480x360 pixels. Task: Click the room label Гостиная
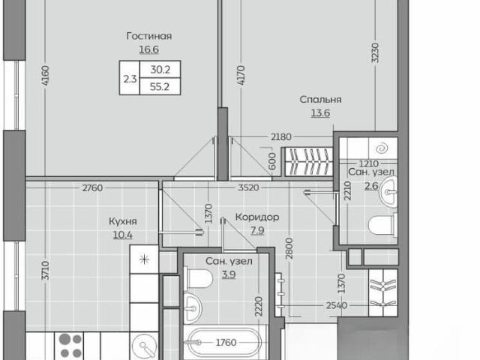tap(149, 36)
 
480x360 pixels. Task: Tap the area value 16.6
tap(149, 49)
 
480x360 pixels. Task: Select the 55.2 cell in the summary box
tap(160, 87)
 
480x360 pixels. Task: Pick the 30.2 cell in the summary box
tap(160, 70)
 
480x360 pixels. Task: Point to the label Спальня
tap(320, 100)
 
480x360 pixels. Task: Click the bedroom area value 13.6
tap(320, 113)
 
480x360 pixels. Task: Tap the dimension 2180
tap(281, 136)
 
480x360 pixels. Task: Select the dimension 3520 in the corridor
tap(248, 187)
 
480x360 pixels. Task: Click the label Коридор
tap(257, 217)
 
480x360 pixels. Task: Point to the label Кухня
tap(123, 221)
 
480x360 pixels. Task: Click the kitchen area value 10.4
tap(123, 235)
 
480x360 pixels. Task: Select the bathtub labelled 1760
tap(225, 343)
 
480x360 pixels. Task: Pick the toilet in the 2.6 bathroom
tap(382, 226)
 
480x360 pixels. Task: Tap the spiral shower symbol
tap(382, 148)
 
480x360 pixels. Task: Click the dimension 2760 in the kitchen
tap(92, 187)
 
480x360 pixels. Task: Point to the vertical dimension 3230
tap(375, 52)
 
